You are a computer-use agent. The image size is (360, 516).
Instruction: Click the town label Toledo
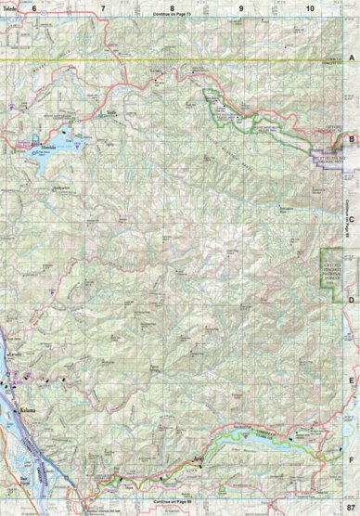pos(10,7)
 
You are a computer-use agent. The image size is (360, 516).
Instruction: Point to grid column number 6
pos(34,7)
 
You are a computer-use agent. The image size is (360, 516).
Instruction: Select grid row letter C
pos(352,219)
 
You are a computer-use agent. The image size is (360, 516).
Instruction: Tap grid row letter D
pos(352,300)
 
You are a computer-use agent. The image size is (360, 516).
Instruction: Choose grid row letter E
pos(352,380)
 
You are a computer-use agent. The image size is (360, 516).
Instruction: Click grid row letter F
pos(352,458)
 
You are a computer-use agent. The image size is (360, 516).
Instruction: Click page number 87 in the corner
pos(348,508)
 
